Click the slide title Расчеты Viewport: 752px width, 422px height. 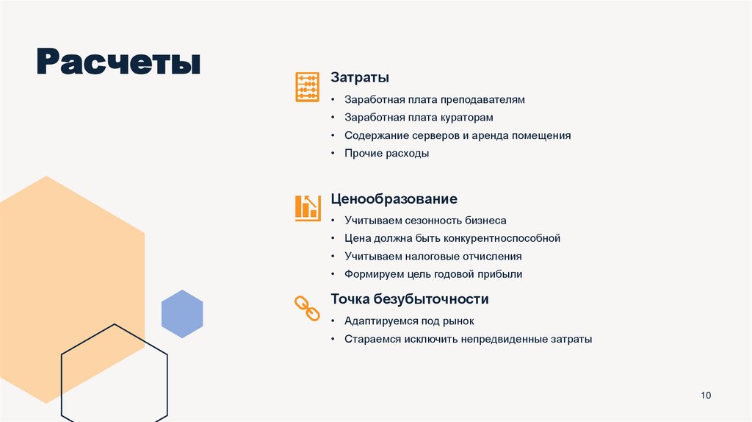tap(118, 62)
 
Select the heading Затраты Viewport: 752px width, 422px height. tap(360, 77)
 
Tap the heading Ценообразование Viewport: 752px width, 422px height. tap(394, 199)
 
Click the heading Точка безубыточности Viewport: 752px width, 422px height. tap(409, 299)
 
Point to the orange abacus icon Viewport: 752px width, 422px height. tap(307, 87)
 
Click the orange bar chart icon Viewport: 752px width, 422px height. tap(307, 207)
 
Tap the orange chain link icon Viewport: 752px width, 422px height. tap(307, 308)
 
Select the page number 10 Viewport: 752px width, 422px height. tap(706, 396)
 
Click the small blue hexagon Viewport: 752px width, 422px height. tap(182, 314)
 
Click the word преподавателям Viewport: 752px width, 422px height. tap(482, 99)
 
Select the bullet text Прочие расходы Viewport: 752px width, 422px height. tap(386, 154)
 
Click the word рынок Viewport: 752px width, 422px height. tap(459, 321)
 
